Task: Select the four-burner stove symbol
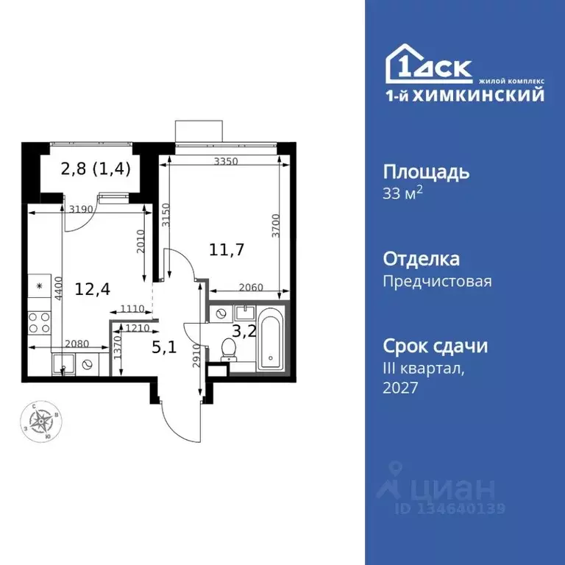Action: point(40,322)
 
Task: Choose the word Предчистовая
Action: point(438,281)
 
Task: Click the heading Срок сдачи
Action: point(436,346)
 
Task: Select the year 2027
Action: point(401,388)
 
